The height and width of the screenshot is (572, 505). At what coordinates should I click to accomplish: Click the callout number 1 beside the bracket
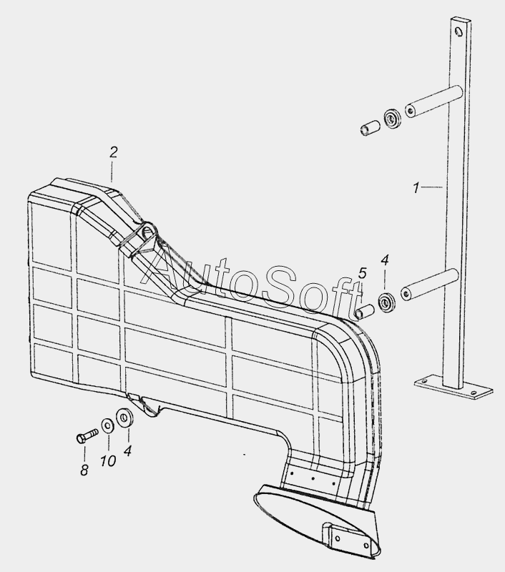pyautogui.click(x=416, y=188)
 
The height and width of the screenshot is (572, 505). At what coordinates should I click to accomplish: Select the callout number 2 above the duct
pyautogui.click(x=113, y=152)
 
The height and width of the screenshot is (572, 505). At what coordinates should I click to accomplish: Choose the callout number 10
pyautogui.click(x=107, y=461)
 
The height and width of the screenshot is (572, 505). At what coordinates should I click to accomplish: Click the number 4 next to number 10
pyautogui.click(x=127, y=451)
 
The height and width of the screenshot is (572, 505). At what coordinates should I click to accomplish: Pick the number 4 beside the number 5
pyautogui.click(x=384, y=260)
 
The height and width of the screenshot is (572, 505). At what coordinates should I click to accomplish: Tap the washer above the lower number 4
pyautogui.click(x=124, y=417)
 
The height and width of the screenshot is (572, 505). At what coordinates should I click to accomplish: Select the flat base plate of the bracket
pyautogui.click(x=454, y=387)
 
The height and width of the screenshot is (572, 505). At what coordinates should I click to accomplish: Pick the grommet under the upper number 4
pyautogui.click(x=388, y=301)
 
